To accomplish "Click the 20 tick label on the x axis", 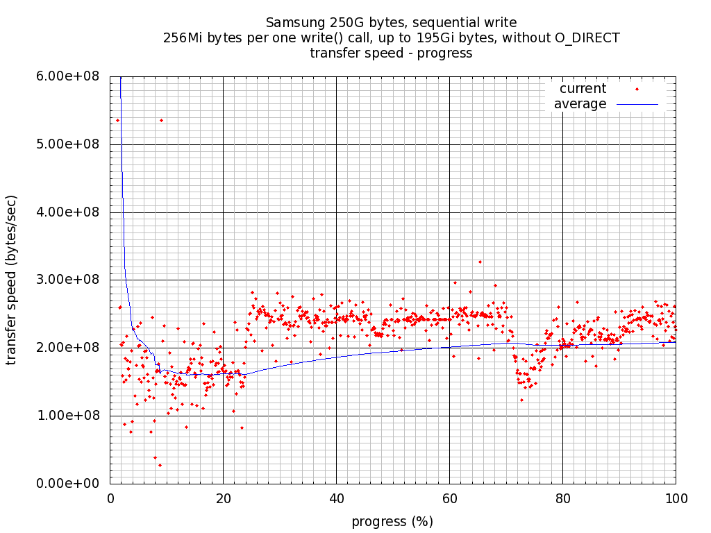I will (x=223, y=498).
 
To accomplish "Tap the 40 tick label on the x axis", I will (x=336, y=498).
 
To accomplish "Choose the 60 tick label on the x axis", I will (x=449, y=498).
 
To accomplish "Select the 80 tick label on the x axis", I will (x=562, y=498).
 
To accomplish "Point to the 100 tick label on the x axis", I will (x=676, y=498).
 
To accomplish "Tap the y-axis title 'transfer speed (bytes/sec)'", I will (x=12, y=280).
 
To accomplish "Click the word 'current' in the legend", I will (x=583, y=89).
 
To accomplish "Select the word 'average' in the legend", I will (x=580, y=104).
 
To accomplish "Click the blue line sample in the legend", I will (x=637, y=104).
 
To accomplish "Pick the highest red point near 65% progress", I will (x=480, y=262).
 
